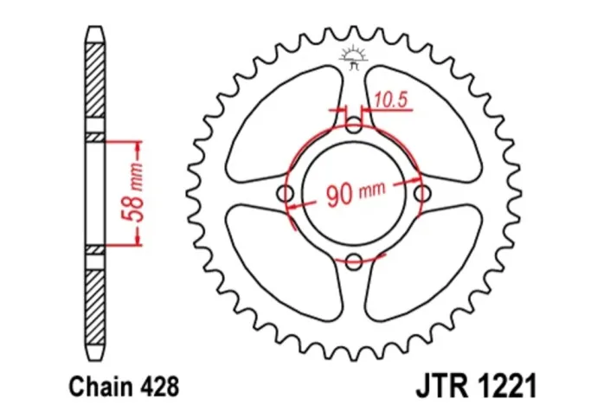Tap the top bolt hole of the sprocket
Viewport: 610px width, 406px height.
pyautogui.click(x=354, y=126)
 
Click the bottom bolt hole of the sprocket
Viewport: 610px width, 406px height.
pyautogui.click(x=354, y=260)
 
